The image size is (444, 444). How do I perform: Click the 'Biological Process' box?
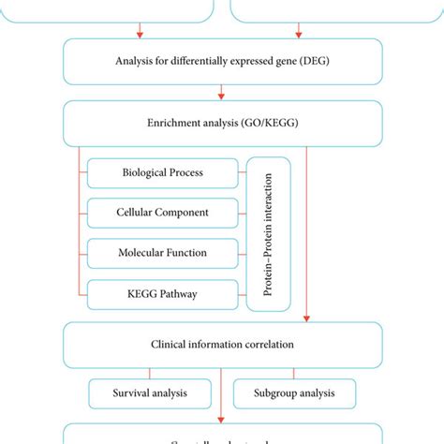pos(163,173)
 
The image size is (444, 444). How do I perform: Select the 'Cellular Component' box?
pos(163,213)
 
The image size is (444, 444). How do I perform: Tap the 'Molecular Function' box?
pos(163,253)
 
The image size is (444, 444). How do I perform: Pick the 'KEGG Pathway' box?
pos(163,294)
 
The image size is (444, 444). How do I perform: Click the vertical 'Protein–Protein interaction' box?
pos(268,233)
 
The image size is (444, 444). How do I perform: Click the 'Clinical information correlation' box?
pos(222,344)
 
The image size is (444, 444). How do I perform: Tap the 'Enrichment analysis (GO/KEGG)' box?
pos(222,124)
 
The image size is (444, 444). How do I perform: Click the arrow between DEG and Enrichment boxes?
pos(222,92)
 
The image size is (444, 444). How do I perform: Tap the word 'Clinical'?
pos(169,344)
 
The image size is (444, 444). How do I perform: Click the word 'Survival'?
pos(128,392)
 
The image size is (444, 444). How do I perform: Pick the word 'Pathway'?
pos(181,294)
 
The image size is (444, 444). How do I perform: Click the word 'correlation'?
pos(267,344)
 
